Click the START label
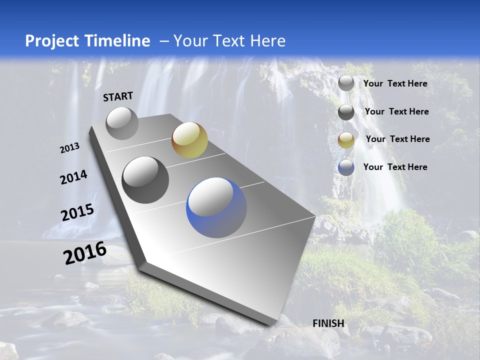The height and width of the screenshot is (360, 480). [118, 96]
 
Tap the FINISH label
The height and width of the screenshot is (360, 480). [328, 323]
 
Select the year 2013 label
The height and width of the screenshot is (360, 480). [70, 148]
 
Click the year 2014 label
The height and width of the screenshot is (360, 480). [74, 177]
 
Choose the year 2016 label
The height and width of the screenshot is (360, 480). [85, 253]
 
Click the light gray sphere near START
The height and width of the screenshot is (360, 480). [122, 123]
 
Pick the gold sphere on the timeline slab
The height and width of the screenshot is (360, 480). [189, 140]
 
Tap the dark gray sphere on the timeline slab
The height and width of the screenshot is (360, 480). [145, 180]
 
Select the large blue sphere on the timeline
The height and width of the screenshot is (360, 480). [216, 207]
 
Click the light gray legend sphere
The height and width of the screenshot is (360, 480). [346, 83]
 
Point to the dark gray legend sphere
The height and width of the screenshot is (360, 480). [346, 112]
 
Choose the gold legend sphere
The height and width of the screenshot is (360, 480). [346, 140]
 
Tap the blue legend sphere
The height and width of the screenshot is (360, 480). [346, 167]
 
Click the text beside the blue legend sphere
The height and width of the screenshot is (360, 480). [395, 167]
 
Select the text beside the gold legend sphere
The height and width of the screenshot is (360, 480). [397, 139]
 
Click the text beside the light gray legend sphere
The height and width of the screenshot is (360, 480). [395, 83]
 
